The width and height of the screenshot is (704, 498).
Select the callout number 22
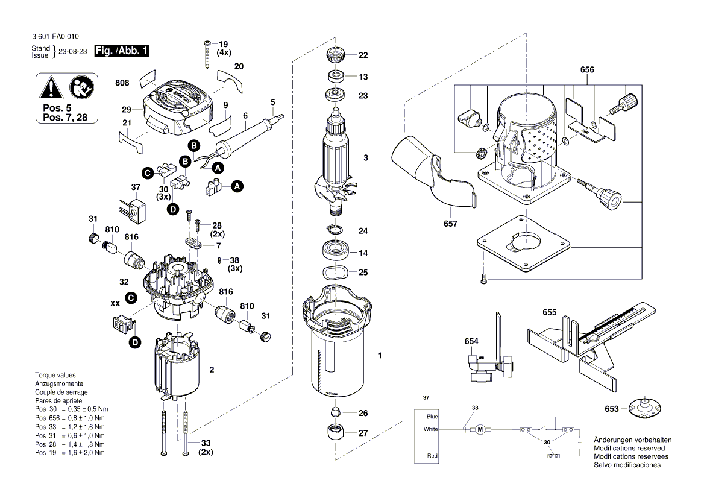(x=363, y=55)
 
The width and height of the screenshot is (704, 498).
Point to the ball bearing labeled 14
(x=333, y=250)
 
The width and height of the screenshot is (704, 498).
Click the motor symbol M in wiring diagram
(x=480, y=429)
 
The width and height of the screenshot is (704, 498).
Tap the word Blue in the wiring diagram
(x=432, y=417)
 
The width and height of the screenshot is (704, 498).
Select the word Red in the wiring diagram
(x=432, y=456)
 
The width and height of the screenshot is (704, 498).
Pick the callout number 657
(x=450, y=224)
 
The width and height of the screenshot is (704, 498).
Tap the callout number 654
(x=471, y=342)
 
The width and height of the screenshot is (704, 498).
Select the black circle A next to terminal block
(x=237, y=186)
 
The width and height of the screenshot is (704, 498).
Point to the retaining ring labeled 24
(x=333, y=230)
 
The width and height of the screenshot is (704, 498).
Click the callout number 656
(x=587, y=70)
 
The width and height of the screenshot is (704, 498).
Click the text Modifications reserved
(x=629, y=449)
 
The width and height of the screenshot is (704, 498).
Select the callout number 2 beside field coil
(x=212, y=370)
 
